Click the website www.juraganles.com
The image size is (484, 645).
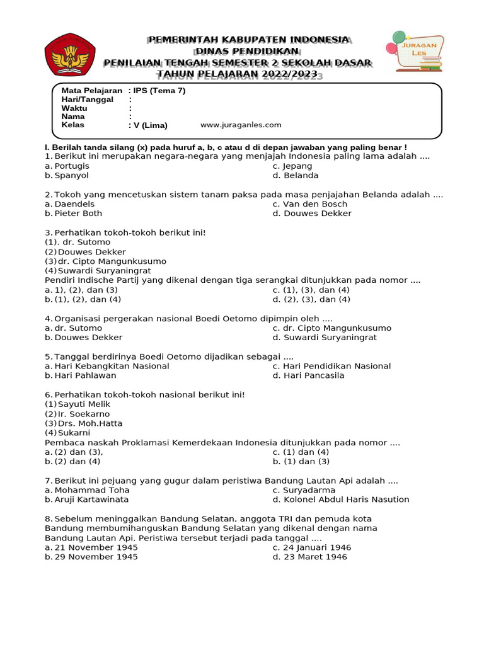[x=241, y=125]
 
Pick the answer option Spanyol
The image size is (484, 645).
[x=71, y=176]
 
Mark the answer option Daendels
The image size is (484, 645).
[x=74, y=204]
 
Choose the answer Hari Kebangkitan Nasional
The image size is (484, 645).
[x=112, y=366]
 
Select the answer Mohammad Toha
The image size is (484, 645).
[x=92, y=490]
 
